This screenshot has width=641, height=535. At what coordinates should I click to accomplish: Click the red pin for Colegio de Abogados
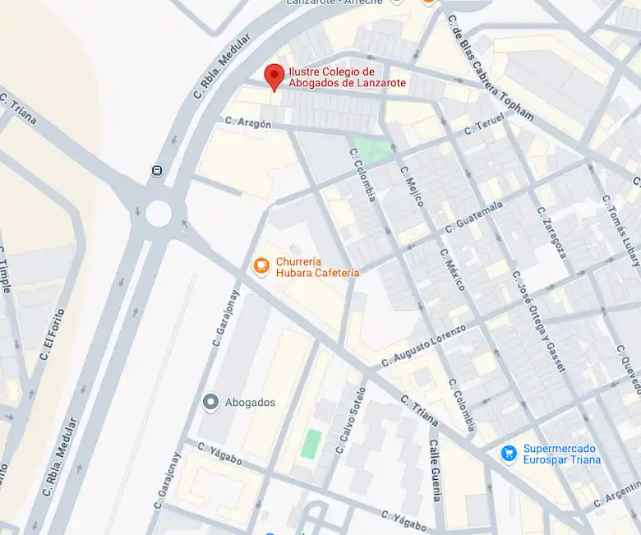(274, 77)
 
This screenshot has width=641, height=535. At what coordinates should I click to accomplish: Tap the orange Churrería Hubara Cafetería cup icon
(261, 266)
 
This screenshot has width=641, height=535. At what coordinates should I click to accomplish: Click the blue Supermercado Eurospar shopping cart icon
(509, 453)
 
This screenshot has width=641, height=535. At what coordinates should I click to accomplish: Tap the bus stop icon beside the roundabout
(156, 171)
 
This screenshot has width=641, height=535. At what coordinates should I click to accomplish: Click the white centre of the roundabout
(158, 213)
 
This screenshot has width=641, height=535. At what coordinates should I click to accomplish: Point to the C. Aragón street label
(247, 123)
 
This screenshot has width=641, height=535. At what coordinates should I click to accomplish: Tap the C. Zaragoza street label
(552, 233)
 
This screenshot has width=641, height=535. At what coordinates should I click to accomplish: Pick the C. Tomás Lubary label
(620, 231)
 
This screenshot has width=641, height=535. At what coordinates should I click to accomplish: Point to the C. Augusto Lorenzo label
(424, 345)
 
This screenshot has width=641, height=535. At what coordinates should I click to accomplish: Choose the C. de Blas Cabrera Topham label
(491, 69)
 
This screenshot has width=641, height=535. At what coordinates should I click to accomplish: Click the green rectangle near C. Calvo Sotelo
(311, 444)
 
